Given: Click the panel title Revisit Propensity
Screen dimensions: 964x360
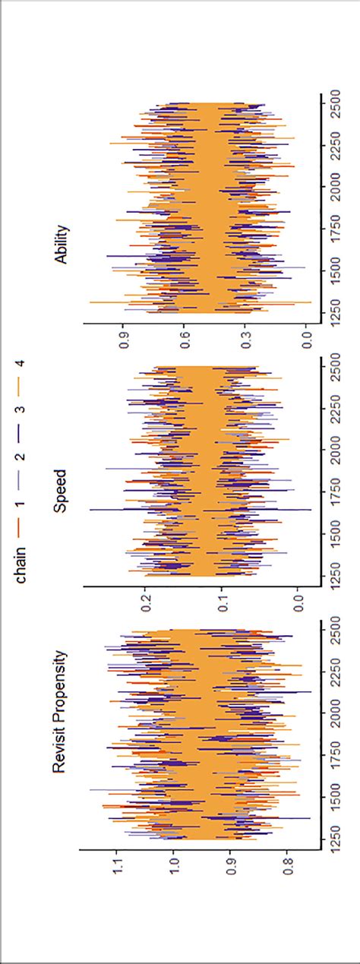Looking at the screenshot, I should [x=60, y=713].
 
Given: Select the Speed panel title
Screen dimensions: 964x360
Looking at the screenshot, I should [x=60, y=491].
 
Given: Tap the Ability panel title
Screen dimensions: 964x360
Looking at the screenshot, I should [x=61, y=244].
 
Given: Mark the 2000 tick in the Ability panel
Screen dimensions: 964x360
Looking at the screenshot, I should [x=334, y=187].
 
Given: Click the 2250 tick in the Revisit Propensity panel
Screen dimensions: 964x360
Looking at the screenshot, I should [x=334, y=672].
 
